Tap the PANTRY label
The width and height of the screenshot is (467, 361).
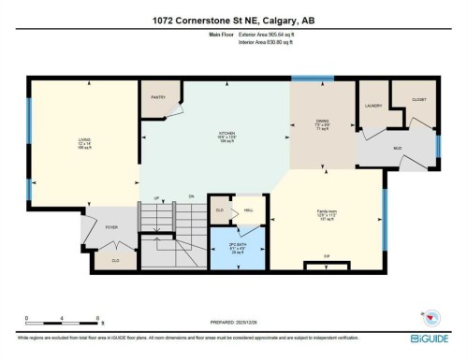pos(158,96)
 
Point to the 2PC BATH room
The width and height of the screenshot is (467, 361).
pos(237,248)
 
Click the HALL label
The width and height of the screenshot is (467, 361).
pos(249,211)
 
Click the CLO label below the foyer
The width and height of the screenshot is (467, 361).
pos(115,260)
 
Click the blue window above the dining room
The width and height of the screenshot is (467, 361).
pos(306,79)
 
